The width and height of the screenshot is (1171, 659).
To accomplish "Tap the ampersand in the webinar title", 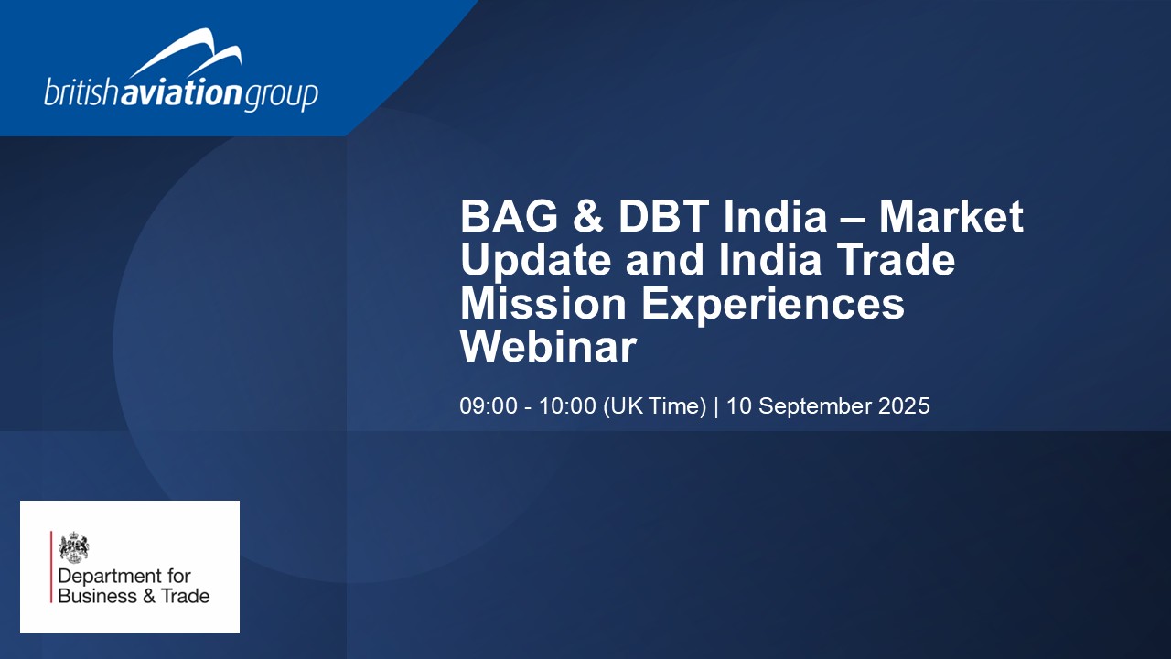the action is pos(588,216).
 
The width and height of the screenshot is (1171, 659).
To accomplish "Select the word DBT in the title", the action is pos(663,216).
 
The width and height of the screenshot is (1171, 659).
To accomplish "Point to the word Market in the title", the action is pos(951,216).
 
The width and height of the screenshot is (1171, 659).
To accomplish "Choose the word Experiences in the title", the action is pos(773,306).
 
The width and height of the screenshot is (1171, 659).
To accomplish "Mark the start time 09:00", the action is pos(489,406).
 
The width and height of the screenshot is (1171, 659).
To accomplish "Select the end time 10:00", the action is pos(567,406).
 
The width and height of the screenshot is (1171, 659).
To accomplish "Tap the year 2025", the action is pos(904,406).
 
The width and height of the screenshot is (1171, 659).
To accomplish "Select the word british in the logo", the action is pos(82,92).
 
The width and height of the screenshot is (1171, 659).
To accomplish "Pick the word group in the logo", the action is pos(281,96).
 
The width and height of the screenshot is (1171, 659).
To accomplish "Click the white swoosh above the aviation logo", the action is pos(186,53).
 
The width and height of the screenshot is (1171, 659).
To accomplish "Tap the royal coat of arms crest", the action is pos(74,547).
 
